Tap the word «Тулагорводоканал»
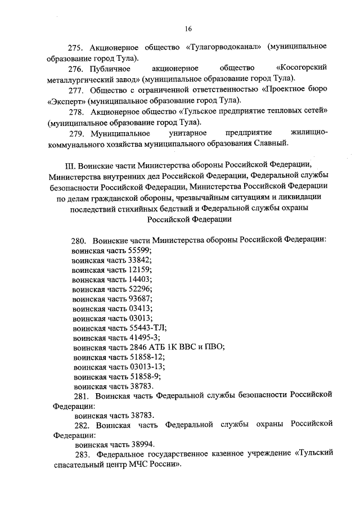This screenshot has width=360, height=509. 224,47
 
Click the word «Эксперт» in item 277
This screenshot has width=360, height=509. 67,101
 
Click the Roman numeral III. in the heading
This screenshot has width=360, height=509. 71,165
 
